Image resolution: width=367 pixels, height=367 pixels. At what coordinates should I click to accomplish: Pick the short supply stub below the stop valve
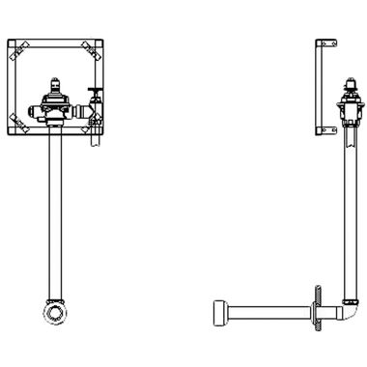94,136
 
